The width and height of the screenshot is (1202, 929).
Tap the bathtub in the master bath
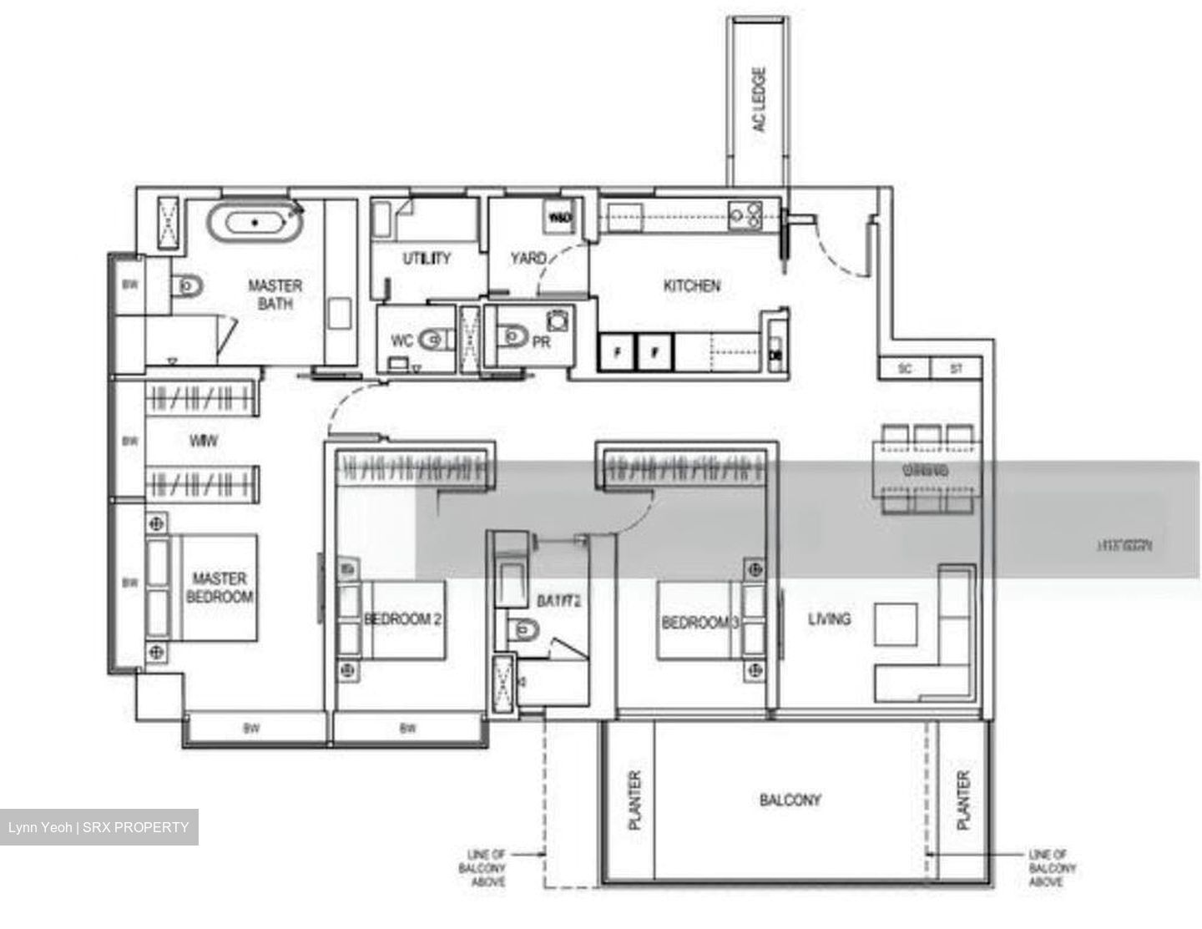[x=255, y=223]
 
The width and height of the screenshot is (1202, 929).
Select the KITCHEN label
[x=691, y=286]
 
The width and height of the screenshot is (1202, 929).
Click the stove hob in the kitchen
[x=745, y=215]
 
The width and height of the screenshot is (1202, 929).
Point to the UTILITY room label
[x=427, y=259]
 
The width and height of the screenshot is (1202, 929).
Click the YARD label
[x=528, y=259]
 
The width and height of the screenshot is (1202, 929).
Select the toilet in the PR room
[x=512, y=336]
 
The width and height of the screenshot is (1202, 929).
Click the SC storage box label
[x=905, y=368]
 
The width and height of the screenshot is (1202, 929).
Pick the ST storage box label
[x=957, y=368]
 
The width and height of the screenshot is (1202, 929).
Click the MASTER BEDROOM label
[x=220, y=588]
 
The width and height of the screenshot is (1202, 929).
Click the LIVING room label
[x=829, y=619]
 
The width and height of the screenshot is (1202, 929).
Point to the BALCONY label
[x=790, y=800]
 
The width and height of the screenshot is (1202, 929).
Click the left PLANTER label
[x=634, y=800]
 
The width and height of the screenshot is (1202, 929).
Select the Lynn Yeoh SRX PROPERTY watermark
[x=98, y=827]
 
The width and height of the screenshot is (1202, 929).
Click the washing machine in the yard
[x=558, y=218]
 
